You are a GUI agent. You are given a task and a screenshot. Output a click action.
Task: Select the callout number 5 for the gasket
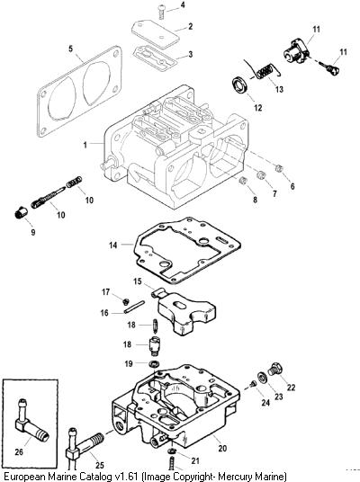point(71,49)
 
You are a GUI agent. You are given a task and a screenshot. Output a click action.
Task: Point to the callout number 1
point(85,144)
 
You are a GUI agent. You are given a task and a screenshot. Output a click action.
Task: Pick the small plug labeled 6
point(279,168)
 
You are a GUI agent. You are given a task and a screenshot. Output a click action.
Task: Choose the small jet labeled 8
point(243,181)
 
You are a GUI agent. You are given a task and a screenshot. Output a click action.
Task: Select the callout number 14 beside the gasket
point(112,245)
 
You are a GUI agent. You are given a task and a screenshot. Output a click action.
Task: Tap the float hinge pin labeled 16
point(134,307)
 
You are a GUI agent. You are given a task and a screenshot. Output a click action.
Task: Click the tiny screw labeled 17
point(125,301)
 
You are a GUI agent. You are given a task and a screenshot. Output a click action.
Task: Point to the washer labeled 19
point(153,364)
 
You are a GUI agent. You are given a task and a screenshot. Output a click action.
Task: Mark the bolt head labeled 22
point(274,370)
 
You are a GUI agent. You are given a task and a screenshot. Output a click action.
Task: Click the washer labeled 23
point(262,377)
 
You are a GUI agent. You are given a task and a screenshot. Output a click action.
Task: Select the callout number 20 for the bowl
point(222,448)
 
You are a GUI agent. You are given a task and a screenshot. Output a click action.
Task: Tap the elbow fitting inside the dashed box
point(31,420)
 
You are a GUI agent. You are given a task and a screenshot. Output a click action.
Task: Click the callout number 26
point(19,451)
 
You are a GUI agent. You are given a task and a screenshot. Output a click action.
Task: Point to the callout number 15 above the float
point(138,281)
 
